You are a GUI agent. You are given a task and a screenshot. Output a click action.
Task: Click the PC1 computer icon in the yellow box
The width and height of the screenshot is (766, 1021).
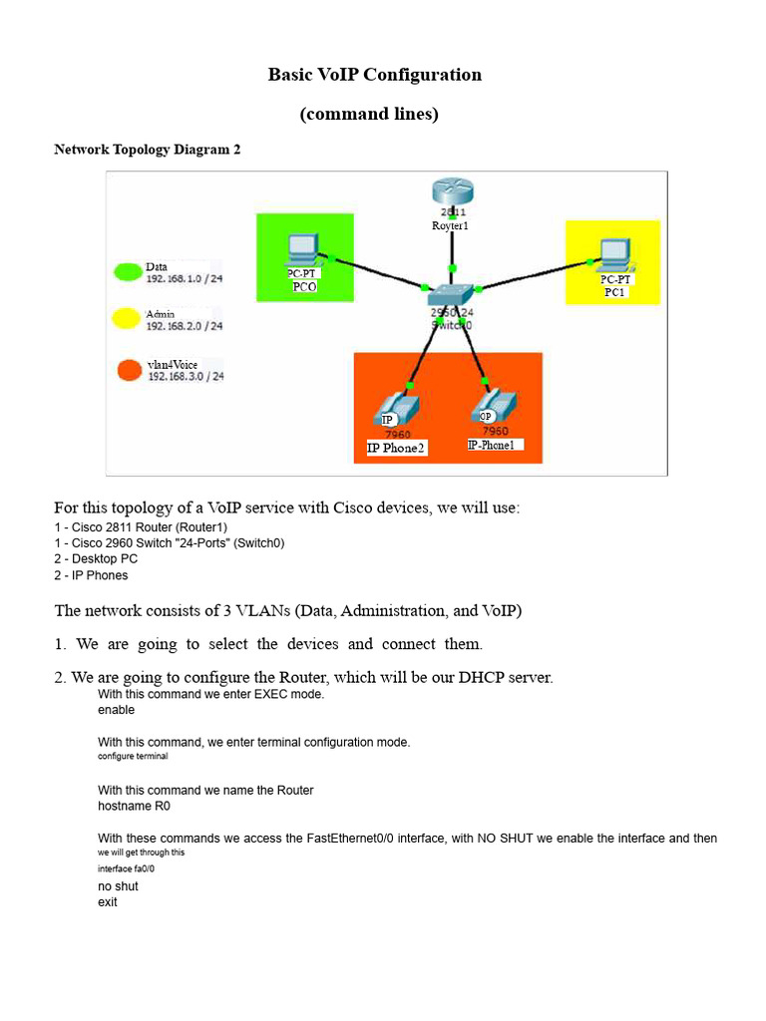613,256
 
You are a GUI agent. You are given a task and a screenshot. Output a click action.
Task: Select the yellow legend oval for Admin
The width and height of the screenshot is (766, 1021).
127,319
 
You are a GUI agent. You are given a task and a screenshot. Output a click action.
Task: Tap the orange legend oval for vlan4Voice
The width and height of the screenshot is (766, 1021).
129,371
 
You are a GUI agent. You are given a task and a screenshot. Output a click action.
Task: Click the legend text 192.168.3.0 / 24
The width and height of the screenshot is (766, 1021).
186,377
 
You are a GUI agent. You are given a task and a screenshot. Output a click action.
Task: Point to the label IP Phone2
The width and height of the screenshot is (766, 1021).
396,449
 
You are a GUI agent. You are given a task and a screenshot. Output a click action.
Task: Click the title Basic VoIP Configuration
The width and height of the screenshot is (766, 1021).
374,75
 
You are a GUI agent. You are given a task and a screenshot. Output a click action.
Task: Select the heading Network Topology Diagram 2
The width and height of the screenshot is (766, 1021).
147,150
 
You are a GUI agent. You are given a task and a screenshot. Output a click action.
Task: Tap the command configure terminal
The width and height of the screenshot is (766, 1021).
133,757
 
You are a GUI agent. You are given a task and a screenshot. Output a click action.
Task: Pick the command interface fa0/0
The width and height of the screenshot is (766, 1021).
126,868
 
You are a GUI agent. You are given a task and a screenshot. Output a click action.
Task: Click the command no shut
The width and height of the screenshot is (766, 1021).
118,885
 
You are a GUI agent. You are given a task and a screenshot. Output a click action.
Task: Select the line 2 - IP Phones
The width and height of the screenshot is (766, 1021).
91,575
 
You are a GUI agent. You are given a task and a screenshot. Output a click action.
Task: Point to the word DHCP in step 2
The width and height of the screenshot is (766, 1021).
484,678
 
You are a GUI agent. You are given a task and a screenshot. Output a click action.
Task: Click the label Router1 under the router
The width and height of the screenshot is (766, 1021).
450,226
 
